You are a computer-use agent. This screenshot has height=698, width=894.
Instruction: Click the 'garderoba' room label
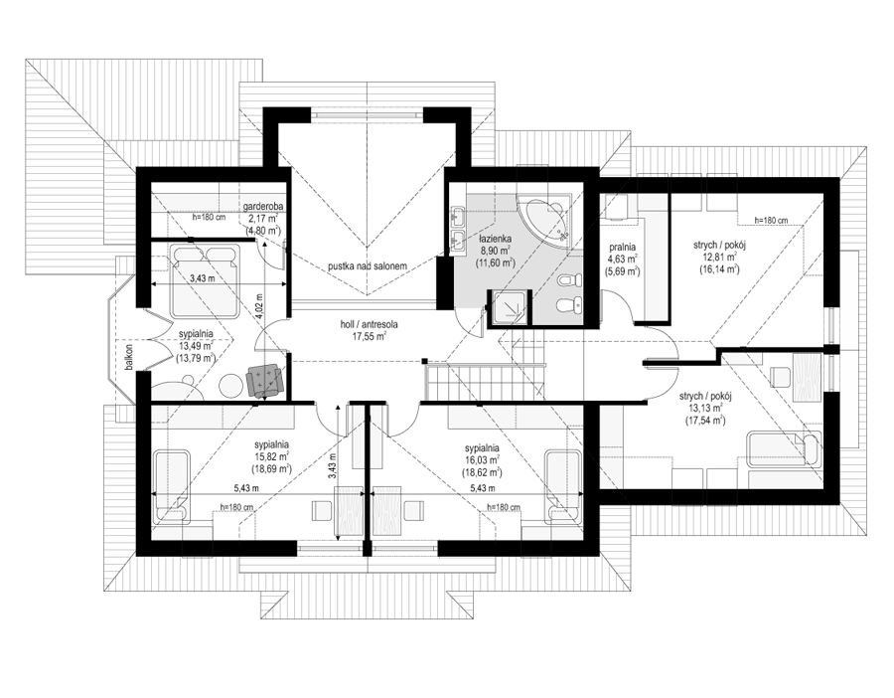click(263, 206)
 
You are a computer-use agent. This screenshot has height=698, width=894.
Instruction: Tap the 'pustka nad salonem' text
click(368, 265)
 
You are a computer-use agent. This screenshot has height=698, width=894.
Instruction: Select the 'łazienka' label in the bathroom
click(495, 240)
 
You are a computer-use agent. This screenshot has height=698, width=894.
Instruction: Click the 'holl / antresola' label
click(369, 325)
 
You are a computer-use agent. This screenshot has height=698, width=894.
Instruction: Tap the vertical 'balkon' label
click(129, 357)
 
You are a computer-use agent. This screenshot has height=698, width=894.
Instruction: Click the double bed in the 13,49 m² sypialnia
click(205, 279)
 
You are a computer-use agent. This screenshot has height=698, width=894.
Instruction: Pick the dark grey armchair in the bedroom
click(263, 380)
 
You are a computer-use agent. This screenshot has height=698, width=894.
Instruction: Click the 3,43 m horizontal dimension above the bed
click(203, 279)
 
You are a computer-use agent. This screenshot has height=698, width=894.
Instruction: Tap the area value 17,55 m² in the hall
click(369, 336)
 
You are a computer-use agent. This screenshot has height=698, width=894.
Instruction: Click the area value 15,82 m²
click(271, 456)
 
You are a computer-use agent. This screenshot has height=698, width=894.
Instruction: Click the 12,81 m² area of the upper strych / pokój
click(719, 257)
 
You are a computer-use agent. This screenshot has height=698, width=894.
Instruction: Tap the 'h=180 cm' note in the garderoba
click(210, 217)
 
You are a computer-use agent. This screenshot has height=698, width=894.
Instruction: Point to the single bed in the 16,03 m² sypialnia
click(563, 487)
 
